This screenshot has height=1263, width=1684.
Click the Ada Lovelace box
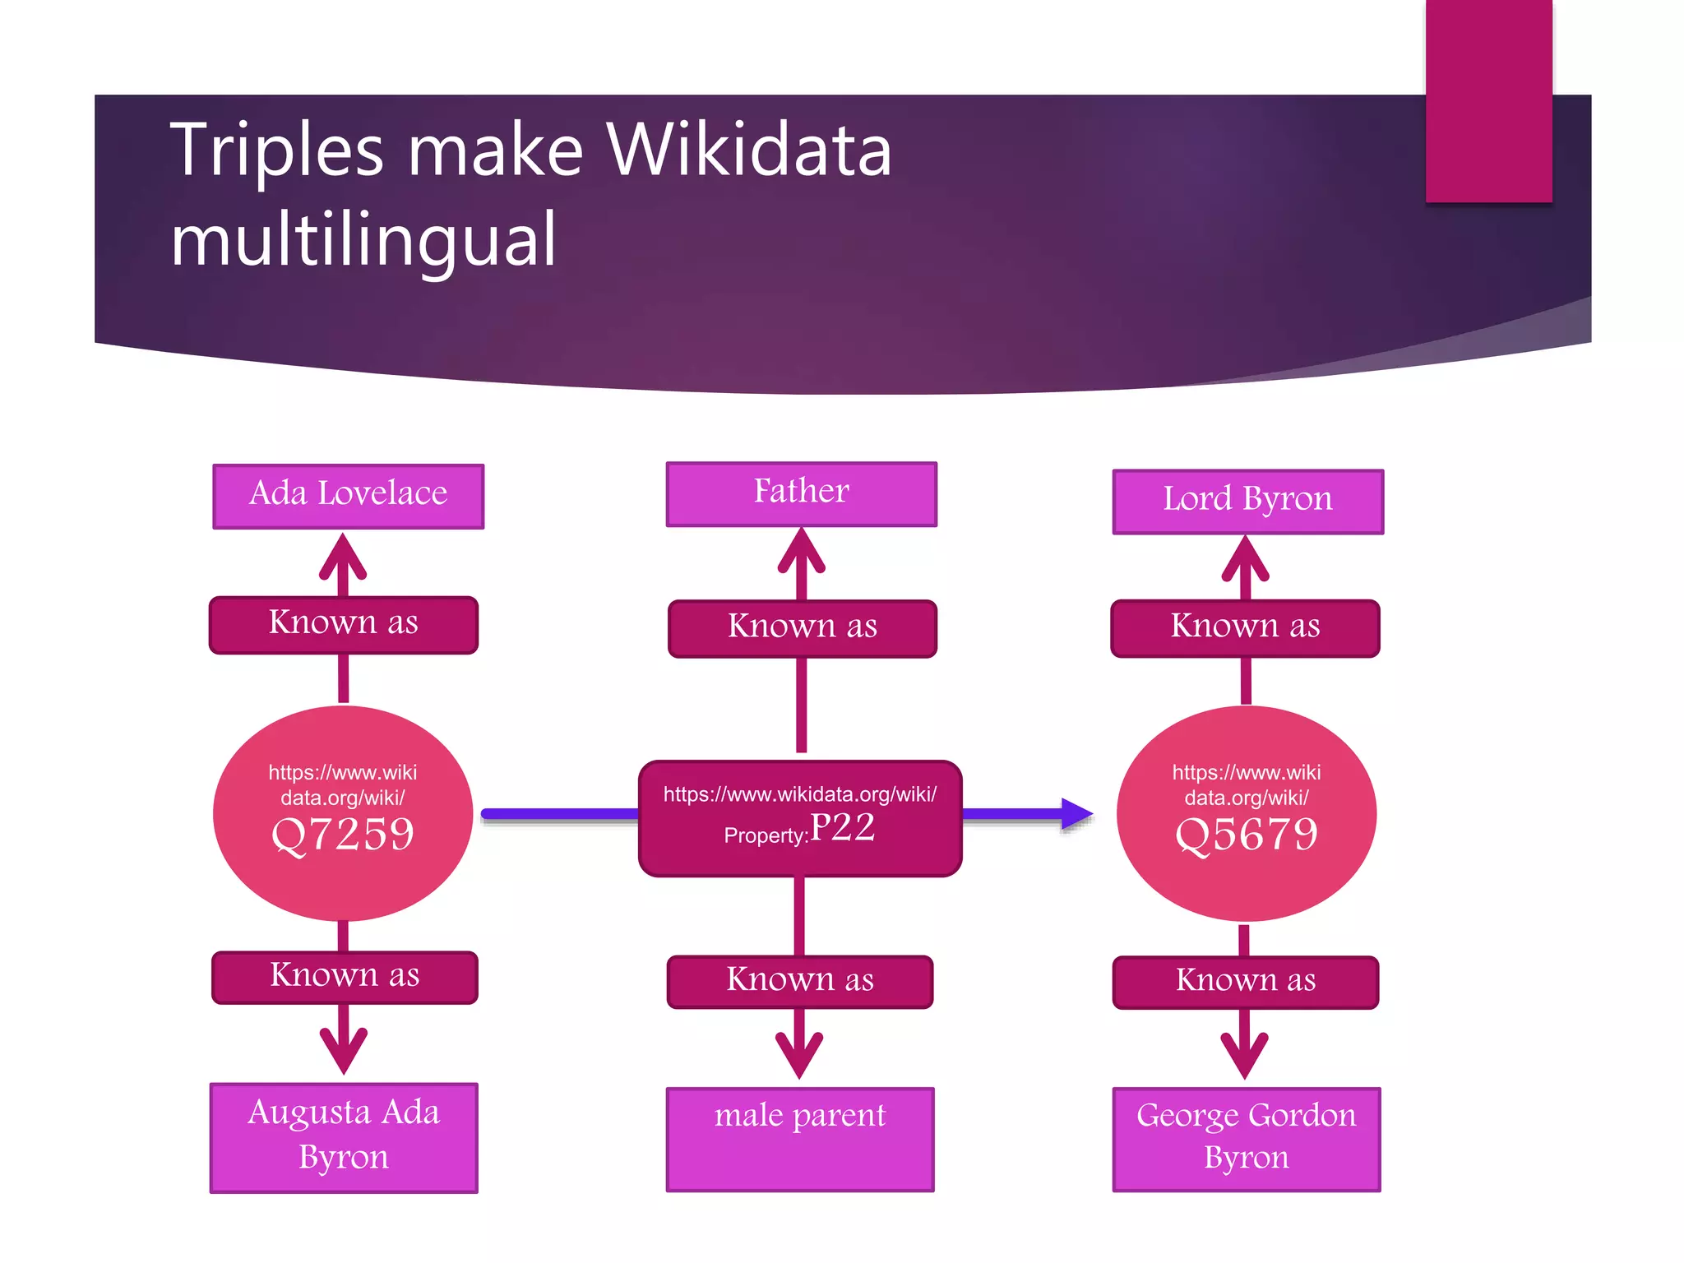click(x=348, y=496)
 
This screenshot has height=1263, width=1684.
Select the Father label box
click(x=801, y=493)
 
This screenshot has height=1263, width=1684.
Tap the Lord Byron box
click(x=1247, y=501)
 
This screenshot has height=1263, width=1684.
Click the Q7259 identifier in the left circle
click(x=343, y=834)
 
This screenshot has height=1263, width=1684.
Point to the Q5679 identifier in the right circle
click(x=1246, y=834)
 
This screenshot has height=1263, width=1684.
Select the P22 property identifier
click(x=842, y=827)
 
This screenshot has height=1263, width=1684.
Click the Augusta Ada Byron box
click(x=344, y=1136)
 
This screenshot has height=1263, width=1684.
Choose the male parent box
click(x=800, y=1138)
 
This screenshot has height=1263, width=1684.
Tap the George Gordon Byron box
click(x=1246, y=1138)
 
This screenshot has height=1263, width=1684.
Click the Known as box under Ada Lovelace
click(x=343, y=624)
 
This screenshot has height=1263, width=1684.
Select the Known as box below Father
click(x=802, y=627)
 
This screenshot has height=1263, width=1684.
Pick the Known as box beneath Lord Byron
click(x=1245, y=627)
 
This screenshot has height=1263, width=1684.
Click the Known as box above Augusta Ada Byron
click(x=345, y=977)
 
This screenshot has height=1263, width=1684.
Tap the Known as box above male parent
click(x=800, y=981)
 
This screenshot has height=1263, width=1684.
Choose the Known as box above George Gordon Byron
click(x=1245, y=982)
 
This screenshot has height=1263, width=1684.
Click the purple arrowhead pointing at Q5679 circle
click(x=1076, y=814)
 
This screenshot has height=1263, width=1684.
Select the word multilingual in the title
click(x=363, y=240)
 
